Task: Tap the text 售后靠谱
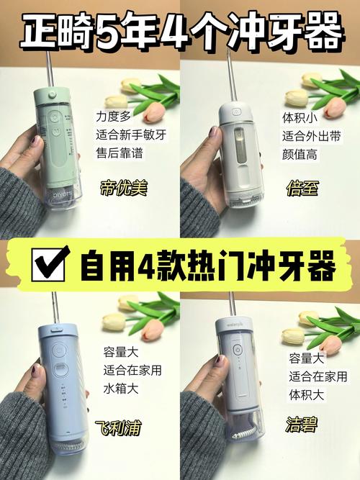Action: [x=119, y=152]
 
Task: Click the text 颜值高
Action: [x=297, y=153]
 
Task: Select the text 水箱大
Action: [x=119, y=389]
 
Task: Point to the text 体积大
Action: [x=305, y=394]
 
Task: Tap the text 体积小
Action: [x=297, y=115]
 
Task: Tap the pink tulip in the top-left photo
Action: [x=153, y=112]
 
